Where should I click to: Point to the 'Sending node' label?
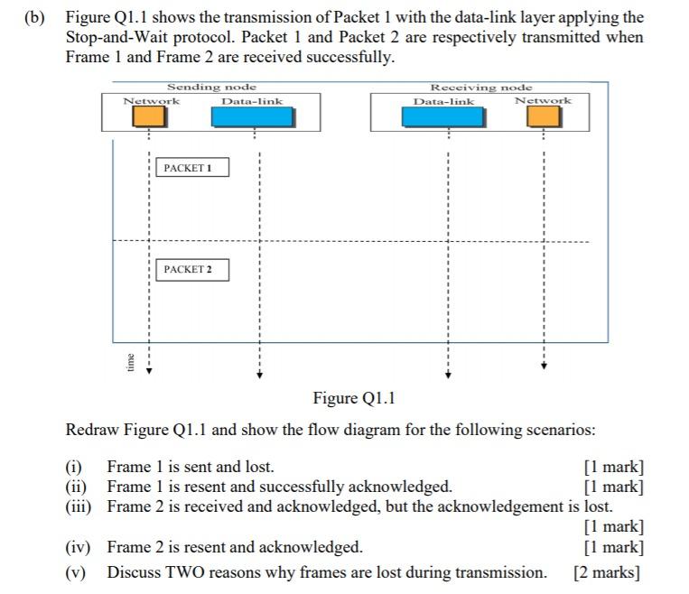point(211,87)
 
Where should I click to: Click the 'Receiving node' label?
point(481,87)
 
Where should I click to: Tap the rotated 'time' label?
point(130,362)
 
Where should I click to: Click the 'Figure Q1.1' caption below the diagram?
point(354,398)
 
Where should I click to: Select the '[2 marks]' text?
point(607,572)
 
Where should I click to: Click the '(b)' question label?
point(35,18)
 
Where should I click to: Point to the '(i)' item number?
point(73,468)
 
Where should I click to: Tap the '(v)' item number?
point(77,572)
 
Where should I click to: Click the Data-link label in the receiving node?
point(443,101)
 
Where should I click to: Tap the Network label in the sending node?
point(151,101)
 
